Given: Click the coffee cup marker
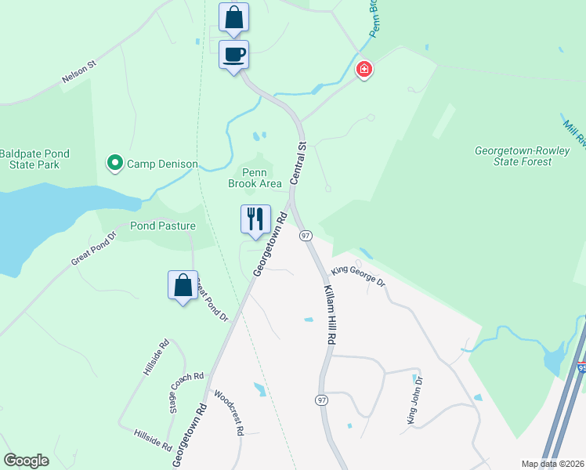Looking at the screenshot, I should pos(233,56).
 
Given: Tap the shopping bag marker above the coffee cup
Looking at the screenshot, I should pos(233,18).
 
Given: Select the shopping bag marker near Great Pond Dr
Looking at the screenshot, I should pos(183,286).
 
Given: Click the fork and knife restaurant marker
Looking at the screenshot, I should pos(255,220).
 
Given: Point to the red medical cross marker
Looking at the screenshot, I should pos(364,70).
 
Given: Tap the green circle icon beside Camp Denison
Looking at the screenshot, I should pos(114,164).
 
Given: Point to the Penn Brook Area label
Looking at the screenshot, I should pos(255,178).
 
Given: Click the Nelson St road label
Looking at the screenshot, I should pos(78,75).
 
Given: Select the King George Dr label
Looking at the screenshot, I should pos(358,277).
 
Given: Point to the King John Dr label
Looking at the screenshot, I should pos(414,400).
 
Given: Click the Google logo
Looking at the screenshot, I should pos(27,461).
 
